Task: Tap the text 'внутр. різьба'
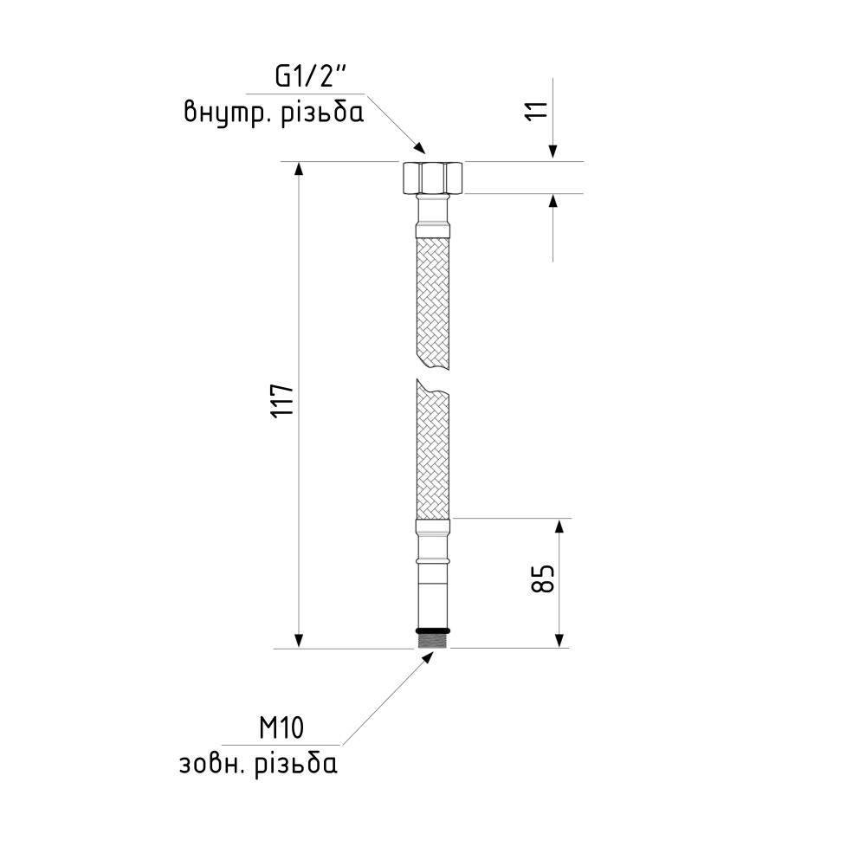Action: point(274,112)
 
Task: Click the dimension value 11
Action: point(537,111)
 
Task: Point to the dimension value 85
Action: point(542,578)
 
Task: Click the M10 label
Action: point(281,728)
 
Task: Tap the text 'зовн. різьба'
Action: point(258,764)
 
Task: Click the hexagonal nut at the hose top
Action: point(432,178)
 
